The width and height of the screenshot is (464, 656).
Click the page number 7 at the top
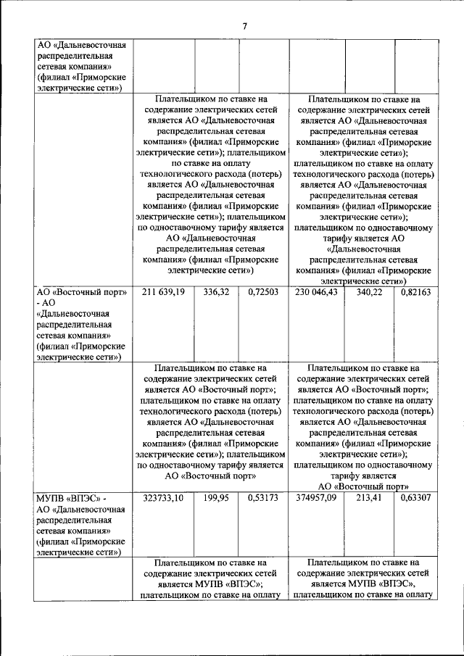pyautogui.click(x=245, y=27)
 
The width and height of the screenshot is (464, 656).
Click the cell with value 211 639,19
pyautogui.click(x=164, y=292)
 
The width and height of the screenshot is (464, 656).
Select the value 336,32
pyautogui.click(x=217, y=292)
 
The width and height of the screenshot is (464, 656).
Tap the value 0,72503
pyautogui.click(x=262, y=292)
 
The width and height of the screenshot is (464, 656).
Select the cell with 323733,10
pyautogui.click(x=164, y=498)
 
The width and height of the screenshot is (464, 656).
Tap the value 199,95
pyautogui.click(x=217, y=498)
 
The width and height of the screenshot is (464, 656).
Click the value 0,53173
pyautogui.click(x=262, y=498)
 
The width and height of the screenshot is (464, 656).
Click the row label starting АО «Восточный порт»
pyautogui.click(x=82, y=324)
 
